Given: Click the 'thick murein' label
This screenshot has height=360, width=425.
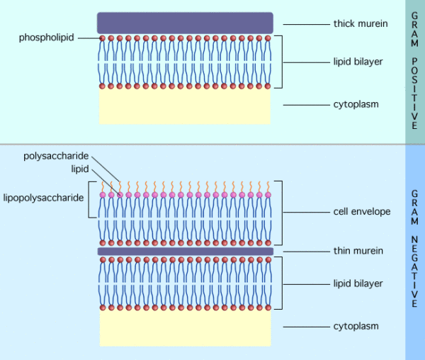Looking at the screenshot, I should point(360,24).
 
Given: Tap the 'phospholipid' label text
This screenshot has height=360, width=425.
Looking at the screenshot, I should point(47,37).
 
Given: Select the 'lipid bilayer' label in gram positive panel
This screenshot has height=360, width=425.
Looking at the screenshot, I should point(358,62).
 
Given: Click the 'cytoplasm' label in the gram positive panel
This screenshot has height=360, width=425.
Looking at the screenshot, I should point(356,104).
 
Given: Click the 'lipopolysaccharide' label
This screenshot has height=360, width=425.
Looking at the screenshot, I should point(44,196).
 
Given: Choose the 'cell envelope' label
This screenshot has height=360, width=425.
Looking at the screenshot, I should point(361,211).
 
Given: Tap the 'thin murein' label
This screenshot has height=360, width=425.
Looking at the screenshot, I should point(358,250).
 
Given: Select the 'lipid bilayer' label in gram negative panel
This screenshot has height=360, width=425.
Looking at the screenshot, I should point(358,283).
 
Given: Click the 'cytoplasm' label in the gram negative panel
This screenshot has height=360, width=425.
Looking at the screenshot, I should point(356,326).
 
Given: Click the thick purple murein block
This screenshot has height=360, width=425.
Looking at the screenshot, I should point(185,22).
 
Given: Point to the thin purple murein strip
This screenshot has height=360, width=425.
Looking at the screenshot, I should point(185,251).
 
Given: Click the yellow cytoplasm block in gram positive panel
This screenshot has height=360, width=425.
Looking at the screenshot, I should point(185,106).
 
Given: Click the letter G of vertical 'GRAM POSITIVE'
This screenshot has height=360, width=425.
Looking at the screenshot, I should point(414,16).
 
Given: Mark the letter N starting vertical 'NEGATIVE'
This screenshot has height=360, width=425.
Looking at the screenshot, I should point(414,242).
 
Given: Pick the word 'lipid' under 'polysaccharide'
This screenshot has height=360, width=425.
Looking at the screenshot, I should point(79,169).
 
